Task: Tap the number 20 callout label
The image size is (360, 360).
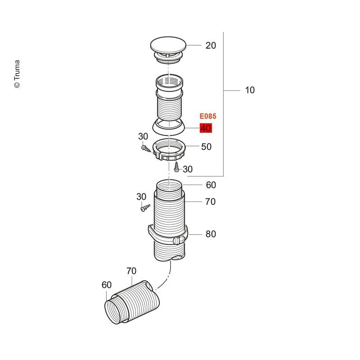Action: coord(211,45)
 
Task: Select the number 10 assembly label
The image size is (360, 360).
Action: coord(250,90)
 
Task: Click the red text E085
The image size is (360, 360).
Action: coord(208,116)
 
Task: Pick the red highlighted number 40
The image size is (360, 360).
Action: coord(206,128)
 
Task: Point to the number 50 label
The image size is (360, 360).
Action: coord(206,147)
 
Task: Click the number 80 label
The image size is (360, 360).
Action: coord(211,234)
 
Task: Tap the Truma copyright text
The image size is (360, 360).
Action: coord(17,74)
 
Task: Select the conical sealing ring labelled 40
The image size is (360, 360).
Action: coord(169,127)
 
